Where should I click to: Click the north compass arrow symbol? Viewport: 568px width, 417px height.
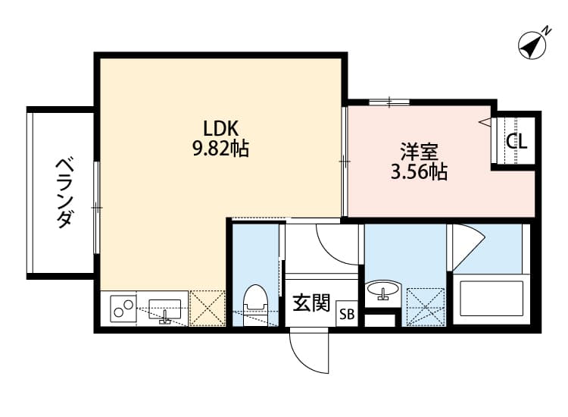[x=533, y=45]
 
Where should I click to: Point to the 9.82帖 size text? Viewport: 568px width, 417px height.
[x=220, y=149]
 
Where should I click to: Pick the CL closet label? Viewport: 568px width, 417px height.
[x=517, y=140]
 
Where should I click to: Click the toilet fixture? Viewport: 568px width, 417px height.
[x=254, y=301]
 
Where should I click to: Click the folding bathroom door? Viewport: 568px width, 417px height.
[x=466, y=246]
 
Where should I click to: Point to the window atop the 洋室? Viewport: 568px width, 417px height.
[x=390, y=101]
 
